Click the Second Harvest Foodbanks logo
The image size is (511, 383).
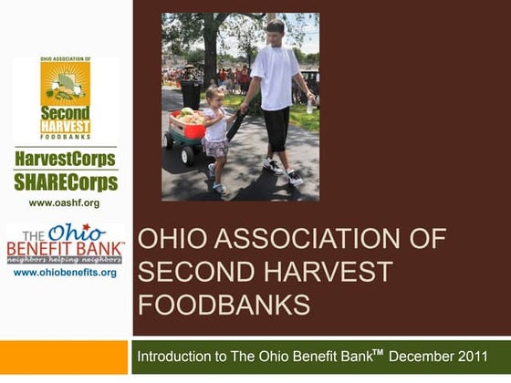coord(65,98)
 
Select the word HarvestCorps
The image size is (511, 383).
coord(65,160)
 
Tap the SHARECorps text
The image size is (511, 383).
coord(65,181)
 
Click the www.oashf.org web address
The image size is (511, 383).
coord(64,202)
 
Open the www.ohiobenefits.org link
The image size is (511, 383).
coord(65,272)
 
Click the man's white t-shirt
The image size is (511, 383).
coord(274,78)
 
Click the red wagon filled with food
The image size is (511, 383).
coord(185,128)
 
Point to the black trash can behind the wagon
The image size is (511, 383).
coord(191,94)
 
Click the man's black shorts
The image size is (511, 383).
coord(276,127)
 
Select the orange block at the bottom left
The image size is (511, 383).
coord(64,357)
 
